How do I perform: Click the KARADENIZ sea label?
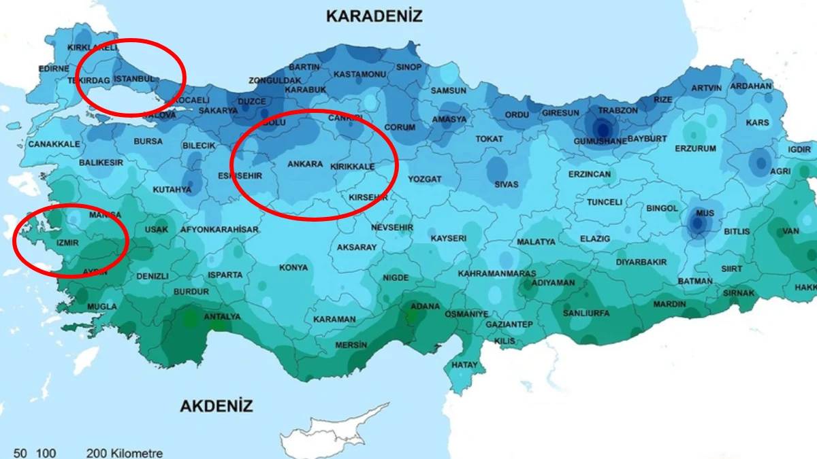(374, 16)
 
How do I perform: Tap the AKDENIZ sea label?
(217, 407)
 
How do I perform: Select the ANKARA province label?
(305, 165)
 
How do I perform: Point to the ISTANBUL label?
(134, 79)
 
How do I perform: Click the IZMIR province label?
(68, 242)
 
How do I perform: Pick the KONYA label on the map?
(293, 267)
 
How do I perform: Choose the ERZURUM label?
(695, 148)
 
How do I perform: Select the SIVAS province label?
(507, 184)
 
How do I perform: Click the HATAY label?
(464, 365)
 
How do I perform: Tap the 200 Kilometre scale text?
(125, 453)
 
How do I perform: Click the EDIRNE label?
(53, 69)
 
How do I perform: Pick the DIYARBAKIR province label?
(641, 262)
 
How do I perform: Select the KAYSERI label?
(449, 238)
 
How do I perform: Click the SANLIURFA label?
(586, 313)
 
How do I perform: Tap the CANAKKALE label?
(54, 144)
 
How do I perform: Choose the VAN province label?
(790, 231)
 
